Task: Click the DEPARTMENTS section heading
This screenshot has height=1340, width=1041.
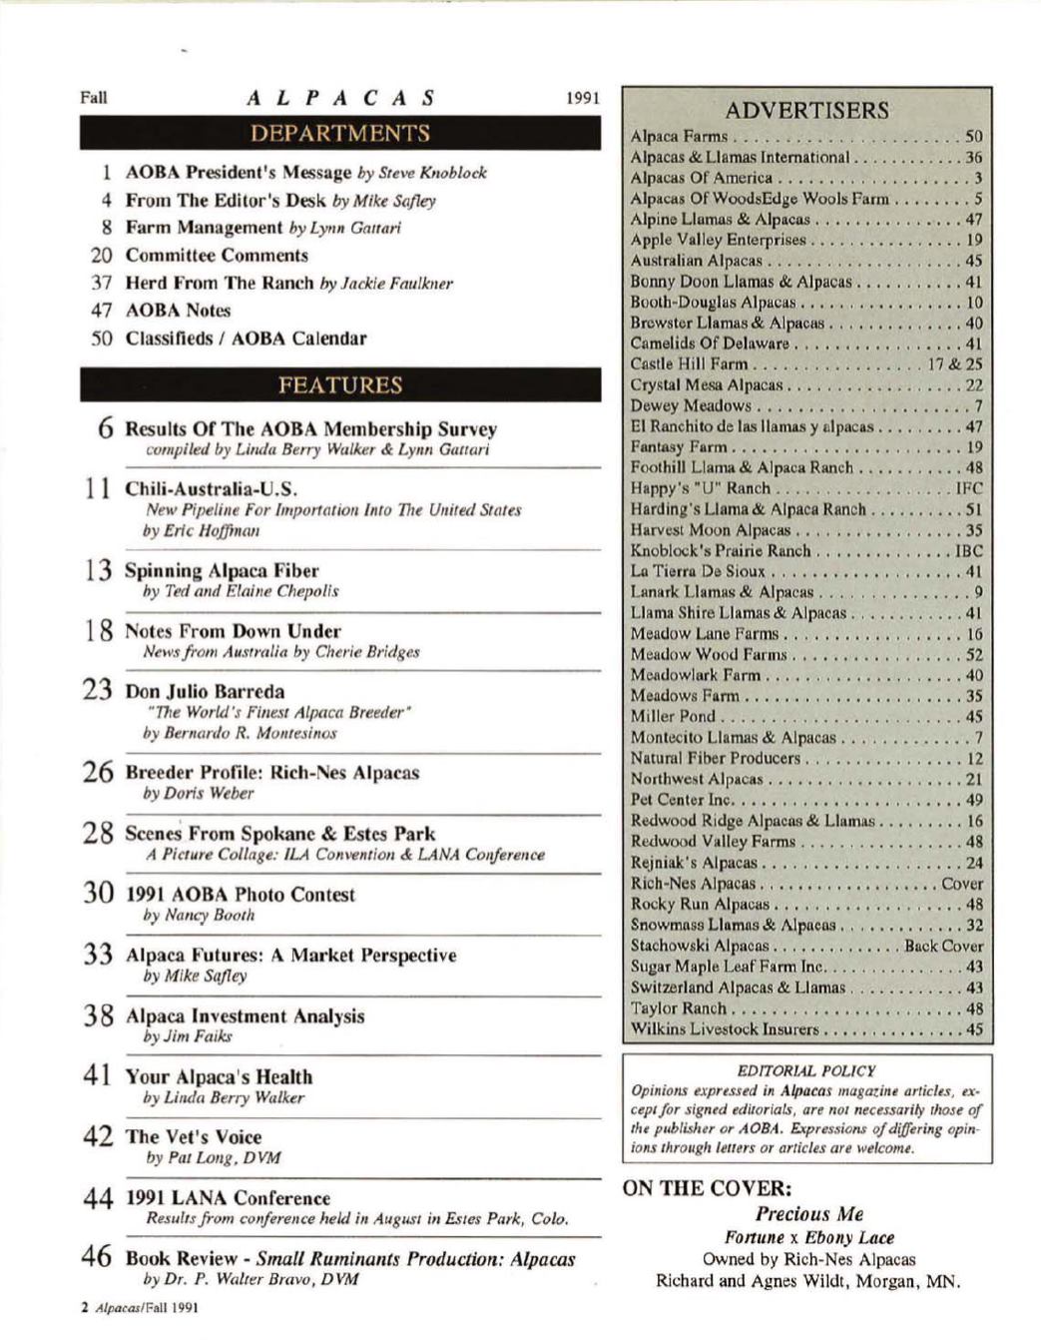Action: pyautogui.click(x=340, y=134)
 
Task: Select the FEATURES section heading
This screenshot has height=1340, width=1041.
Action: pyautogui.click(x=340, y=385)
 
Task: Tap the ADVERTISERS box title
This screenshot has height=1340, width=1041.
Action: pyautogui.click(x=806, y=110)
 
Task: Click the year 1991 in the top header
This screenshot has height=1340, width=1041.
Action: pyautogui.click(x=582, y=98)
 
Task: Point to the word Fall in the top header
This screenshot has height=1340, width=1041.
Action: pyautogui.click(x=94, y=98)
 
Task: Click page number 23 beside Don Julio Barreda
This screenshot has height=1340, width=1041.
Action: pyautogui.click(x=98, y=690)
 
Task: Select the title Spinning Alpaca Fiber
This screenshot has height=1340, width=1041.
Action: pyautogui.click(x=222, y=570)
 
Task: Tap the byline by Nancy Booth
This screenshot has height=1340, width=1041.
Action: pyautogui.click(x=199, y=915)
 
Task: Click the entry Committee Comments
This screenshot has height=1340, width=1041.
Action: pyautogui.click(x=217, y=256)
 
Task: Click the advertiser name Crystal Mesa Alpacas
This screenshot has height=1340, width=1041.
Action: pyautogui.click(x=707, y=384)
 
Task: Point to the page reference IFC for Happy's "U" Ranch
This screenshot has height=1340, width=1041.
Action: pyautogui.click(x=968, y=488)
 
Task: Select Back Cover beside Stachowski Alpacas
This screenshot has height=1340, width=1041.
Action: pyautogui.click(x=943, y=946)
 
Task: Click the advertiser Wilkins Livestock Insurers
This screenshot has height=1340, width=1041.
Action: pyautogui.click(x=725, y=1028)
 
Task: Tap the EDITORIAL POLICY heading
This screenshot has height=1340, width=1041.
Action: pyautogui.click(x=806, y=1070)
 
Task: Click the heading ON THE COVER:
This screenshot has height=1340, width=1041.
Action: pyautogui.click(x=708, y=1187)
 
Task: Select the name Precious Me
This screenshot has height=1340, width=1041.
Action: pyautogui.click(x=808, y=1214)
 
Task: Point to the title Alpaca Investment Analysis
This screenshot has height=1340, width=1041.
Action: pyautogui.click(x=245, y=1015)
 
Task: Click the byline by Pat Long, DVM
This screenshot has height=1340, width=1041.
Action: pyautogui.click(x=213, y=1158)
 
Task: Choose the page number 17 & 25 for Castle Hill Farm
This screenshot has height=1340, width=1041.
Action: pyautogui.click(x=955, y=363)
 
